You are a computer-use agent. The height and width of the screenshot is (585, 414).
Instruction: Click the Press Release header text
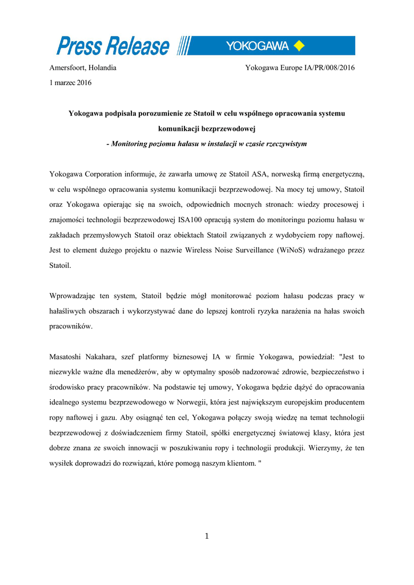pyautogui.click(x=113, y=46)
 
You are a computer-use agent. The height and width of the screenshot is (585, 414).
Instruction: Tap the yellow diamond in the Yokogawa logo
pyautogui.click(x=299, y=46)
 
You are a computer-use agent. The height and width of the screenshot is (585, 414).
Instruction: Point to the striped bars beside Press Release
pyautogui.click(x=184, y=46)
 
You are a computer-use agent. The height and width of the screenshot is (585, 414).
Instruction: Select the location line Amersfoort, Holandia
pyautogui.click(x=83, y=67)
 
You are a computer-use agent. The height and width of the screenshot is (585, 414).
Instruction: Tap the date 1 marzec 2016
pyautogui.click(x=70, y=82)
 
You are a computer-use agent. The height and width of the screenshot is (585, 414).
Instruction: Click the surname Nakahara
pyautogui.click(x=111, y=356)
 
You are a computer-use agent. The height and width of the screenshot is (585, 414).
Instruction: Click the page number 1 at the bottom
pyautogui.click(x=207, y=536)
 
